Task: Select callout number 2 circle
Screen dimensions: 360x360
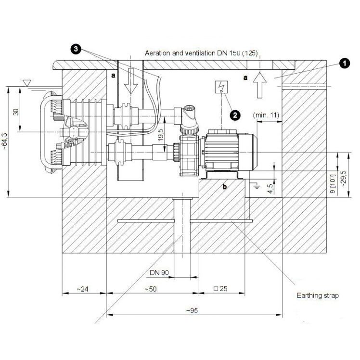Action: (235, 115)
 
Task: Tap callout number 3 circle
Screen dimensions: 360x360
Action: (76, 49)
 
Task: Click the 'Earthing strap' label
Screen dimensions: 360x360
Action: (318, 295)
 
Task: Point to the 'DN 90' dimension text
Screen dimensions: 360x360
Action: (159, 272)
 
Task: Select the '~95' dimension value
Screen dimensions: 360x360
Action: (192, 310)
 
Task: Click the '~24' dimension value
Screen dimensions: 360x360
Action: (82, 289)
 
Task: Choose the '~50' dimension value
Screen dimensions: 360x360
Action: (150, 289)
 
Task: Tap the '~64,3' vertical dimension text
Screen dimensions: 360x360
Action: (5, 141)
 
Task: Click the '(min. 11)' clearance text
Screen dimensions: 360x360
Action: (266, 115)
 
